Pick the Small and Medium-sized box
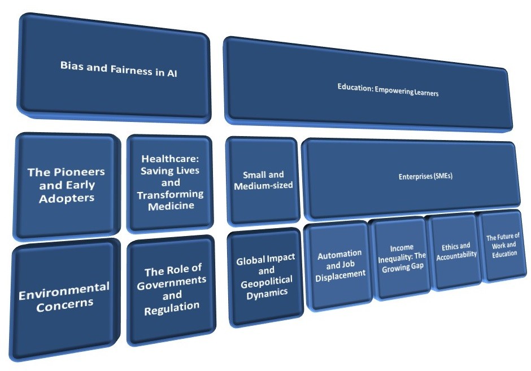coord(263,180)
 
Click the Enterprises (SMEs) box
coord(411,178)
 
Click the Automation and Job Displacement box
coord(339,264)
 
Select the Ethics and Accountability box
coord(456,250)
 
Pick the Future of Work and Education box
coord(502,245)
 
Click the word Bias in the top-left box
coord(72,64)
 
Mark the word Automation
coord(340,255)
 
